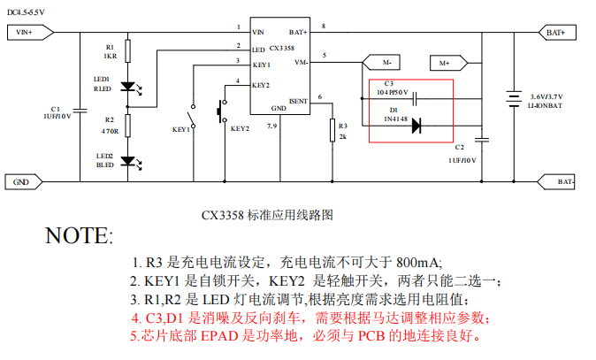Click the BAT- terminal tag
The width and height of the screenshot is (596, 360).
coord(556,182)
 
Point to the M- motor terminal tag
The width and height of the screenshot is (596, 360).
coord(381,63)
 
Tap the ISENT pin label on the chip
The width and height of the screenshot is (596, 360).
coord(298,101)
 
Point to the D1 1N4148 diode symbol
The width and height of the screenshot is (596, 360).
coord(416,126)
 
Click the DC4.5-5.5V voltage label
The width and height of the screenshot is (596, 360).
coord(27,10)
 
